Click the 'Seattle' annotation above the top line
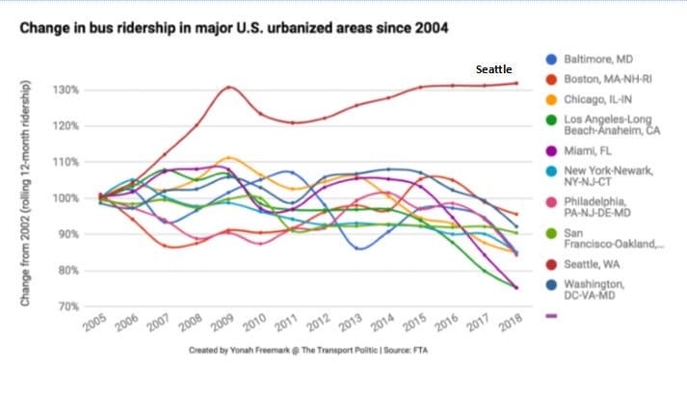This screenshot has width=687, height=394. point(494,70)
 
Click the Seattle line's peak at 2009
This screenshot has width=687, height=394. point(227,87)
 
